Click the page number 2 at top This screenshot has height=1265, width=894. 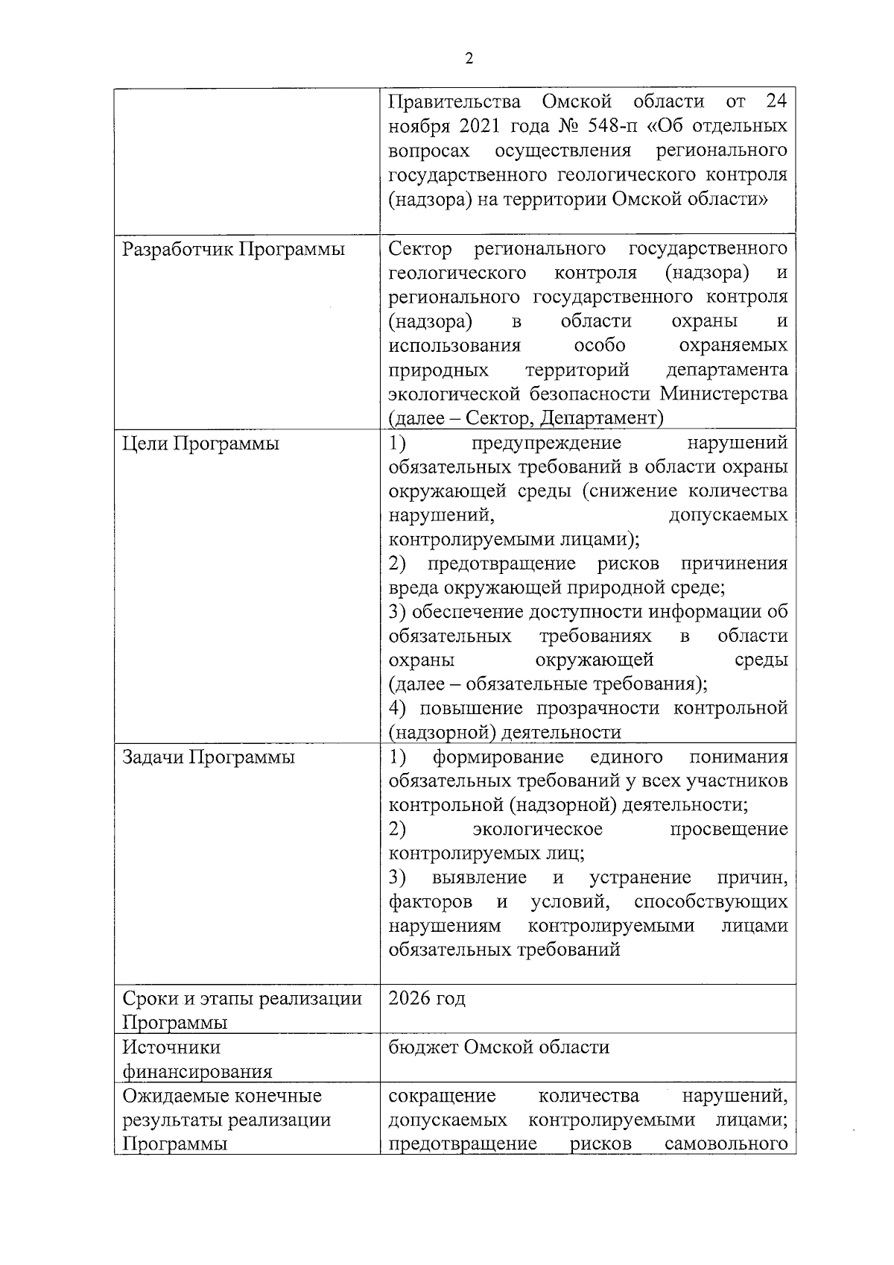469,60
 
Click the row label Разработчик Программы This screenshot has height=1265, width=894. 233,249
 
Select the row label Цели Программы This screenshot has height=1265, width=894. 200,444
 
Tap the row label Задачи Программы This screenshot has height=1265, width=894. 208,757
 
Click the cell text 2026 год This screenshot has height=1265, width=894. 427,998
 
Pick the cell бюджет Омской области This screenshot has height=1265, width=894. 498,1047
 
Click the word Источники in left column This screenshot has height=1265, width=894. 171,1047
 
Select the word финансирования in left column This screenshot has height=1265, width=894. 197,1072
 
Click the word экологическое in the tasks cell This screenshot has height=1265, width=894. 537,830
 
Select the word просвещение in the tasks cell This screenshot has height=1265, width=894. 728,830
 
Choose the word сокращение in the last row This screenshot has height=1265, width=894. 442,1096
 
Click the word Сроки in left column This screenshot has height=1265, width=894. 150,998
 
